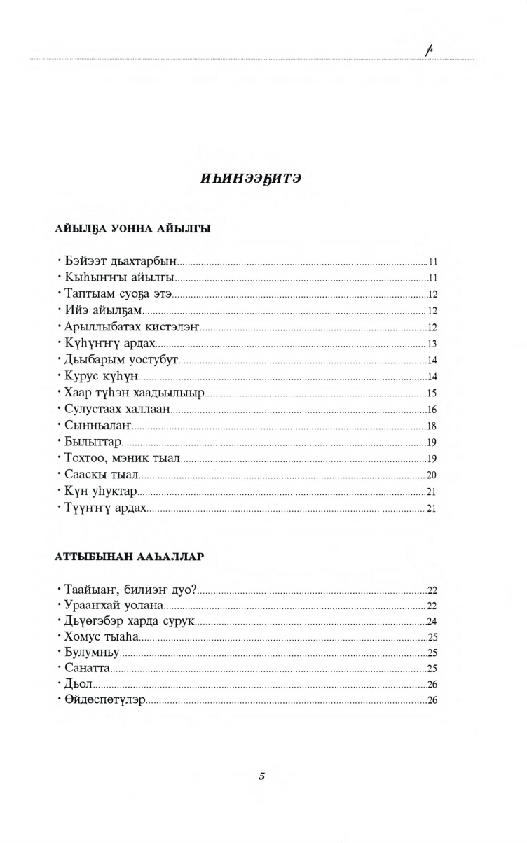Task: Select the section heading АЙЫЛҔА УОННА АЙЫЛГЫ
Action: point(132,229)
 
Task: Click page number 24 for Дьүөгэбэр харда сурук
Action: point(432,620)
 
